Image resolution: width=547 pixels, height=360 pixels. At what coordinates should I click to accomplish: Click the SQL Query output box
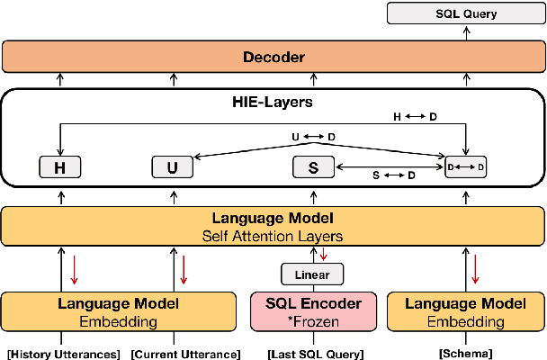coord(466,13)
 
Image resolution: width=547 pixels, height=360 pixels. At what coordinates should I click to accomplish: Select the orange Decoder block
coord(273,58)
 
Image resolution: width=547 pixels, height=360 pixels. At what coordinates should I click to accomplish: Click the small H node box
coord(59,167)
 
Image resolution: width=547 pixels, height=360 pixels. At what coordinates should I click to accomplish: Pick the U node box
coord(173,167)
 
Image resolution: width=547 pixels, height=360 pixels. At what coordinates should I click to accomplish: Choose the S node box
coord(313,167)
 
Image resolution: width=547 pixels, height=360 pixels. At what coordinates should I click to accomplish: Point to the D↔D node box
coord(466,167)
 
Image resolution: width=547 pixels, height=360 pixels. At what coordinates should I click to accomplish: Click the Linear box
coord(312,274)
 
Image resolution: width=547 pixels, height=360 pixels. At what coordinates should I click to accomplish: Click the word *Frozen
coord(312,321)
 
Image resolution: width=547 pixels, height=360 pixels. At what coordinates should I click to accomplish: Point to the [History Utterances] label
coord(63,353)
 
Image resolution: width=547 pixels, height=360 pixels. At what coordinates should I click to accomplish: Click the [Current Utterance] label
coord(185,353)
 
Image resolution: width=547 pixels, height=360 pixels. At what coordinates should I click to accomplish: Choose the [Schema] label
coord(465,353)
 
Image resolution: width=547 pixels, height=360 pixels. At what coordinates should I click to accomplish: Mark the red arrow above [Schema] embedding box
coord(474,268)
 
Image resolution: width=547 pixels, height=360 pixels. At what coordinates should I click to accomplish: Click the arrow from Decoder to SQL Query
coord(466,33)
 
